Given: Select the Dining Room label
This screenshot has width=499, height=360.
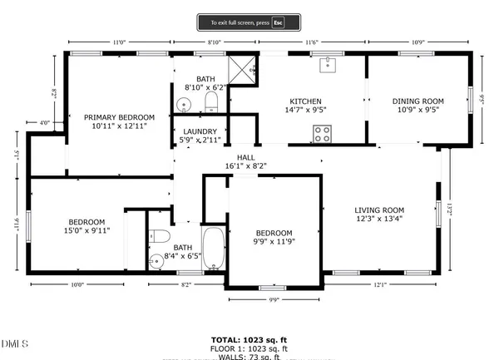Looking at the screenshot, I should click(418, 101).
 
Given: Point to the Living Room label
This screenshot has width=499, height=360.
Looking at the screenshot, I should click(378, 210).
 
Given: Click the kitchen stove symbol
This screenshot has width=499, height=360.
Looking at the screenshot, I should click(322, 132).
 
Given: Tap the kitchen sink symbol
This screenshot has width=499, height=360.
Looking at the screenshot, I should click(329, 61).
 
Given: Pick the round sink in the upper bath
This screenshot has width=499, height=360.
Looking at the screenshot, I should click(185, 106).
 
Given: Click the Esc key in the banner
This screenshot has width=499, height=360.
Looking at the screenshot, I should click(279, 22).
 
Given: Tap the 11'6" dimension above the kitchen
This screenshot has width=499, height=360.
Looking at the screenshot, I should click(314, 42).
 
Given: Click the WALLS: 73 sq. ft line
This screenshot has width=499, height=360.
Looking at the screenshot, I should click(249, 356).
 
